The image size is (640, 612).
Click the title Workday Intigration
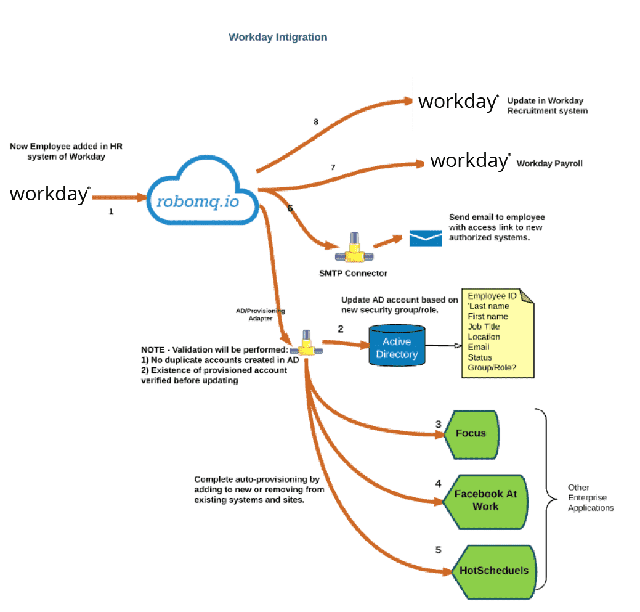point(278,38)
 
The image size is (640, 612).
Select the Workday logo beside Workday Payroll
point(470,161)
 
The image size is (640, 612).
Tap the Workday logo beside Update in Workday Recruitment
point(458,102)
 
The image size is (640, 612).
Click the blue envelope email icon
point(426,238)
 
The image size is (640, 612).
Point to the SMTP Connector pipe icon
point(354,249)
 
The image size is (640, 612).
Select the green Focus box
point(472,433)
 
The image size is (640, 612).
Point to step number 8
point(316,122)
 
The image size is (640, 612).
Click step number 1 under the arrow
point(111,211)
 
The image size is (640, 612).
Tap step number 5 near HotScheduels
point(439,550)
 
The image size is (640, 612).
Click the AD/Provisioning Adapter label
point(261,315)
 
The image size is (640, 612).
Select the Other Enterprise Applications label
point(590,498)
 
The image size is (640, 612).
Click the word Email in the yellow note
point(479,347)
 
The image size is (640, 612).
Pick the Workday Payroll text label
point(549,164)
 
